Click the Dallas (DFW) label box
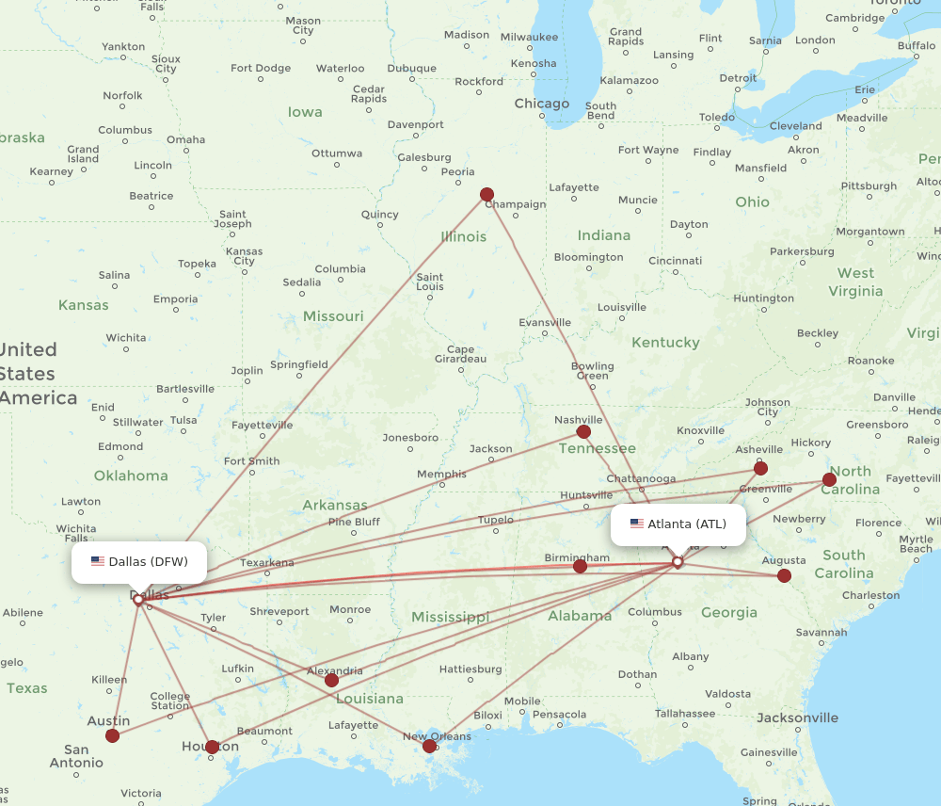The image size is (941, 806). pos(139,562)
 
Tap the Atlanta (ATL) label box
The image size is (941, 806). pos(678,524)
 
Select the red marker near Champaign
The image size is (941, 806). pos(486,195)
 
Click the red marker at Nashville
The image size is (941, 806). pos(583,432)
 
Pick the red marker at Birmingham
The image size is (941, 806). pos(580,566)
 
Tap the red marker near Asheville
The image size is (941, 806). pos(760,468)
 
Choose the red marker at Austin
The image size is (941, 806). pos(113,735)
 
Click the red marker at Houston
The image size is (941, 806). pos(212,747)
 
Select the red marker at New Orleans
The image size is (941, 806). pos(430,747)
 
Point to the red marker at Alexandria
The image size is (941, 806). pos(331,680)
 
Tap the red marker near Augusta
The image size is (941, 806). pos(784,575)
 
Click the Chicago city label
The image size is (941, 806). pos(541,104)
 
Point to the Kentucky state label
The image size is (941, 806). pos(665,343)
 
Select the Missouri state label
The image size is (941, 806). pos(333,316)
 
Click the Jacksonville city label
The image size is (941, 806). pos(797,718)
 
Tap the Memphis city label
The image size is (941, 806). pos(441,475)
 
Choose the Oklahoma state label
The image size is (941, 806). pos(131,476)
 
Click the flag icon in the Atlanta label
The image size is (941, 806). pos(637,524)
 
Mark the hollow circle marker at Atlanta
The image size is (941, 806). pos(678,562)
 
